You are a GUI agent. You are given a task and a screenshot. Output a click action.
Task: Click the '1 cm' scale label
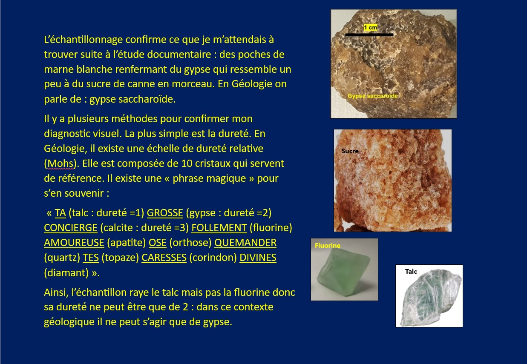point(371,28)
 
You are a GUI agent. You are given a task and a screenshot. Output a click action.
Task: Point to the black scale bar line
point(369,35)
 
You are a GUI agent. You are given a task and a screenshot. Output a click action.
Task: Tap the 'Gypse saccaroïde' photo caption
point(373,96)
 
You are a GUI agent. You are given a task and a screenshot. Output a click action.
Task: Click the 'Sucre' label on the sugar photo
point(350,151)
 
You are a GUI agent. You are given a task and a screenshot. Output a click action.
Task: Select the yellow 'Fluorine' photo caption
point(328,246)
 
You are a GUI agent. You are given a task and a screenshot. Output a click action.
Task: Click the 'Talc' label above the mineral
point(411,272)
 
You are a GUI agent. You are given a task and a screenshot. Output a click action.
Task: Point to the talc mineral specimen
point(430,298)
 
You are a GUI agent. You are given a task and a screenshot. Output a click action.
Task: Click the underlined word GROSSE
point(165,213)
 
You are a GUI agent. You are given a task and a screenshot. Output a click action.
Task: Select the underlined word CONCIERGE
point(71,228)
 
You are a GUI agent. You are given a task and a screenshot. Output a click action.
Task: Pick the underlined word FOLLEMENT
point(219,228)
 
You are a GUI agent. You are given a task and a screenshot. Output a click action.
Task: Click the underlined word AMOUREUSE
point(74,243)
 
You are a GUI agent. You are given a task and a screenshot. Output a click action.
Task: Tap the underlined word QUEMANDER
point(245,243)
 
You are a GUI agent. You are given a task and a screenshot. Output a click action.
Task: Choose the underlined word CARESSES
point(164,258)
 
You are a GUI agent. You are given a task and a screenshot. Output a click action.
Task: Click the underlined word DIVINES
point(258,258)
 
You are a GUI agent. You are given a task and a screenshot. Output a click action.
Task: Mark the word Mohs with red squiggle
point(60,163)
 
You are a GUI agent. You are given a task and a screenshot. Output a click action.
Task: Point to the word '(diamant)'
point(66,273)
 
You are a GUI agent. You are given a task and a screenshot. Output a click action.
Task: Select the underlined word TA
point(60,213)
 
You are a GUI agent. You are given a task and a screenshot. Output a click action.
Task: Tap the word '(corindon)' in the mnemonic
point(213,258)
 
